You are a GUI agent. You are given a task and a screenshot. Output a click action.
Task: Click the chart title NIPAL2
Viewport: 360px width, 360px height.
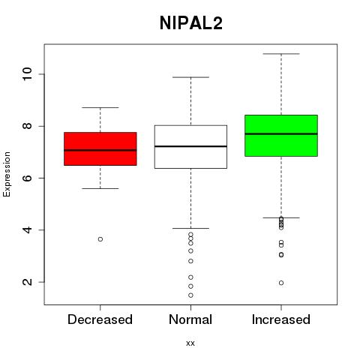click(191, 23)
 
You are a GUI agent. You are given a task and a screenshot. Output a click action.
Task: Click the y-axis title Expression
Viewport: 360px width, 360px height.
click(7, 174)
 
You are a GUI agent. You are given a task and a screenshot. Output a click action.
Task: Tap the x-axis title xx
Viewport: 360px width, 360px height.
click(190, 343)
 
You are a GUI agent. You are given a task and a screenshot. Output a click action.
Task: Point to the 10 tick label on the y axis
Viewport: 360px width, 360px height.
click(27, 74)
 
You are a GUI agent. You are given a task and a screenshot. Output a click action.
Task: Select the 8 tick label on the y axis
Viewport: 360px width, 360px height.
click(27, 126)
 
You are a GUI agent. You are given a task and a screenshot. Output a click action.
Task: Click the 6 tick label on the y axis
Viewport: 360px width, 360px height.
click(27, 178)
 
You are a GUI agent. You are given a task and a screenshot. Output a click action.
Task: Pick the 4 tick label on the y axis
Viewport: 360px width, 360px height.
click(27, 230)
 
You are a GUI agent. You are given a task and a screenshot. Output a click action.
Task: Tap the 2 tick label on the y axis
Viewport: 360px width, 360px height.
click(27, 282)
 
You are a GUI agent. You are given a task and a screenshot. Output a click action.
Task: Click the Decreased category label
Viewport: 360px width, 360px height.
click(100, 319)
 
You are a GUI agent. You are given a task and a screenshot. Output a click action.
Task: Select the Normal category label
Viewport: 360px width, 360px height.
click(190, 319)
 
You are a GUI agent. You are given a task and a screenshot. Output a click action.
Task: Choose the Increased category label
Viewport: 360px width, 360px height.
click(281, 319)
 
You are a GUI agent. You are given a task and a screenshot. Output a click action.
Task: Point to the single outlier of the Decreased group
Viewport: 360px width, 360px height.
click(100, 239)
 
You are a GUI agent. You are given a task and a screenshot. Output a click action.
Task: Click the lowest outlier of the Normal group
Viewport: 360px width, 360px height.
click(190, 295)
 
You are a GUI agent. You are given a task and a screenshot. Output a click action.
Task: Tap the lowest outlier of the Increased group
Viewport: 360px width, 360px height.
click(281, 283)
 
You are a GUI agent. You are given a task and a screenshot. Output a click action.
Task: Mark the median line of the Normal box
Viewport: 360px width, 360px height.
click(190, 146)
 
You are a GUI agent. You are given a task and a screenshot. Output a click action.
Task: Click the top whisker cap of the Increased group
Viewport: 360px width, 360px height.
click(281, 54)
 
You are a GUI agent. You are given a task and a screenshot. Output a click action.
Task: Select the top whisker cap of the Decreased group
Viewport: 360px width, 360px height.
click(100, 107)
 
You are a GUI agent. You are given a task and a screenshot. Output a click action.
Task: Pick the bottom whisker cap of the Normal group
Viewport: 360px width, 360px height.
click(190, 228)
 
